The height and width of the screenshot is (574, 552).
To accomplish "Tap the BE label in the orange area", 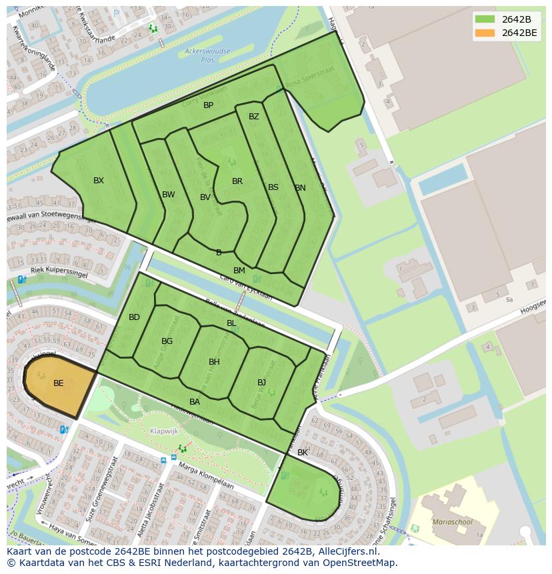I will [59, 383].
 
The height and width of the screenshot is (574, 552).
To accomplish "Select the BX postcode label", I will [99, 181].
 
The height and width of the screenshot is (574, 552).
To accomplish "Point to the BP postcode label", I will [209, 105].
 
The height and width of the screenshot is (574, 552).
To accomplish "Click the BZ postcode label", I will [254, 117].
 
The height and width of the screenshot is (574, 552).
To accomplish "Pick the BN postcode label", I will [300, 188].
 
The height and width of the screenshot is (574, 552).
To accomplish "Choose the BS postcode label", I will [273, 187].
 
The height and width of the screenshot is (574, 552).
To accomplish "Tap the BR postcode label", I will [237, 181].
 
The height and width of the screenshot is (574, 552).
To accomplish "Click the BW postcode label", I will [169, 195].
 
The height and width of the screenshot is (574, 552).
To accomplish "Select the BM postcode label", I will [239, 271].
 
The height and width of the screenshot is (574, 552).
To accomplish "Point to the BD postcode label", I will [135, 317].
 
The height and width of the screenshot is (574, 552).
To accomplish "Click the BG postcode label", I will [167, 341].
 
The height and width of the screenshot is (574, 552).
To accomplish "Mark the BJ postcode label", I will [262, 383].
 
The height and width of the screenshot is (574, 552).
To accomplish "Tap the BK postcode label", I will [303, 453].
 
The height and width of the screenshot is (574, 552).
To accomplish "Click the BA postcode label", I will [195, 402].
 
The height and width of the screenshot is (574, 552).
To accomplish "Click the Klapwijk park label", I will [164, 431].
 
